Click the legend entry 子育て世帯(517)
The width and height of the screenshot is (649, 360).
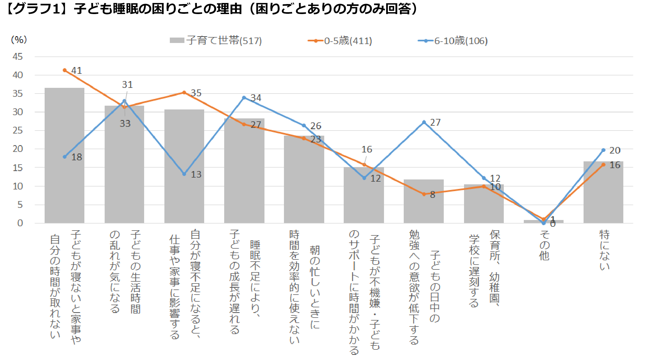pyautogui.click(x=216, y=41)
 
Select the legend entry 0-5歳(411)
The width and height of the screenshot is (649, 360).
pyautogui.click(x=340, y=41)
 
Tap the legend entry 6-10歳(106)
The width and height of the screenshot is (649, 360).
pyautogui.click(x=453, y=41)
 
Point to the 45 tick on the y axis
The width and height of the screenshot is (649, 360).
pyautogui.click(x=18, y=57)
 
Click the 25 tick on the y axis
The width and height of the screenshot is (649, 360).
pyautogui.click(x=18, y=131)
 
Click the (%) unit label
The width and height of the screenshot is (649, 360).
pyautogui.click(x=19, y=40)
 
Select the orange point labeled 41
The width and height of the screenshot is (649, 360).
pyautogui.click(x=65, y=70)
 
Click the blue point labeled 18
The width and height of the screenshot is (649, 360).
pyautogui.click(x=65, y=157)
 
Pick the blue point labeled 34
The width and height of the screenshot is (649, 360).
pyautogui.click(x=244, y=98)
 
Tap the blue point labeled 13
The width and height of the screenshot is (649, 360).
pyautogui.click(x=184, y=174)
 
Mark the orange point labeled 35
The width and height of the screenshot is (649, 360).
pyautogui.click(x=184, y=92)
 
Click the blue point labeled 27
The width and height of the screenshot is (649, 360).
pyautogui.click(x=424, y=122)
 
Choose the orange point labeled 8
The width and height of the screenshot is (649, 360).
pyautogui.click(x=424, y=194)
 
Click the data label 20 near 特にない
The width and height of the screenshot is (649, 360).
pyautogui.click(x=615, y=150)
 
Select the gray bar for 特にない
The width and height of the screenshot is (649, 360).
pyautogui.click(x=603, y=195)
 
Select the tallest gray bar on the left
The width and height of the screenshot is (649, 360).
pyautogui.click(x=64, y=157)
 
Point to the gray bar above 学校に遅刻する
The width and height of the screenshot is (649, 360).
pyautogui.click(x=484, y=205)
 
